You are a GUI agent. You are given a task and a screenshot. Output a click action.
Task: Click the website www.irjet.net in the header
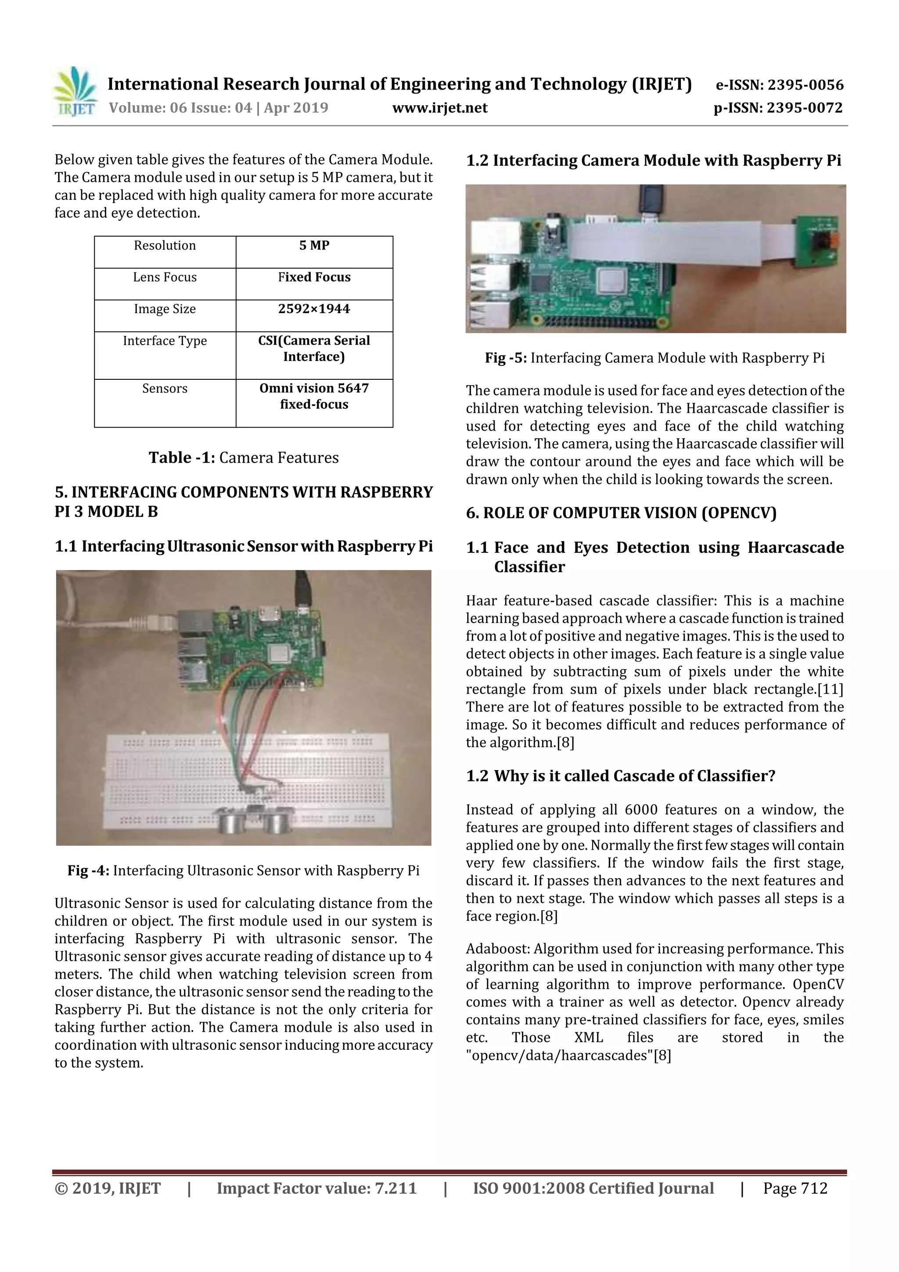click(x=440, y=108)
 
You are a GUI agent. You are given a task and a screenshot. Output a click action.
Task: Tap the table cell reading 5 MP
click(x=314, y=245)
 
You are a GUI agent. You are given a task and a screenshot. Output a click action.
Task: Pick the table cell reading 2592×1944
click(x=314, y=309)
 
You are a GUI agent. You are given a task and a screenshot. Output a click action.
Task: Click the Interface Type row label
click(x=165, y=341)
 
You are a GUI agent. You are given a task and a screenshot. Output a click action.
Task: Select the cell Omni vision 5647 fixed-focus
click(x=314, y=396)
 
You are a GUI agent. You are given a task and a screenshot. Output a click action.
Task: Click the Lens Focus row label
click(x=165, y=277)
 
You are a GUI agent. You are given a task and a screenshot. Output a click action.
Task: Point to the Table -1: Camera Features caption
click(x=244, y=458)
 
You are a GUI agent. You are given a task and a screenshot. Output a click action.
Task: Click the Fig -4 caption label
click(x=89, y=870)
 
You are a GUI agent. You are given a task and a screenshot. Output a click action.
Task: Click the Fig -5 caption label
click(x=506, y=358)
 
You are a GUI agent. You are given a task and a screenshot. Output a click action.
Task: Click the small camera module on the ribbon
click(x=820, y=241)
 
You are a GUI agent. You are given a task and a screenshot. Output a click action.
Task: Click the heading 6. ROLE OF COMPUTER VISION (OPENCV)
click(x=621, y=513)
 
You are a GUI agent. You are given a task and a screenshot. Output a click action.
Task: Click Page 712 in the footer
click(x=795, y=1188)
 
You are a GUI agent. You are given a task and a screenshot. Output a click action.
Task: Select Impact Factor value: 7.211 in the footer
click(x=316, y=1188)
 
